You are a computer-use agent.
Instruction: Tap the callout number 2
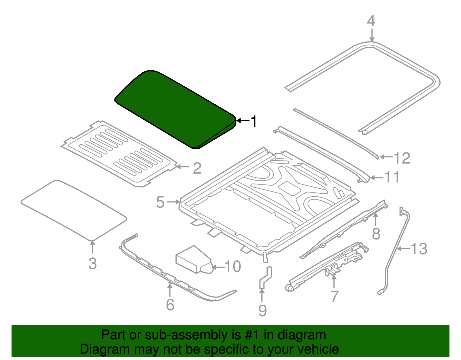coord(197,168)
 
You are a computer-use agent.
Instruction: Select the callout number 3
coord(93,264)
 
